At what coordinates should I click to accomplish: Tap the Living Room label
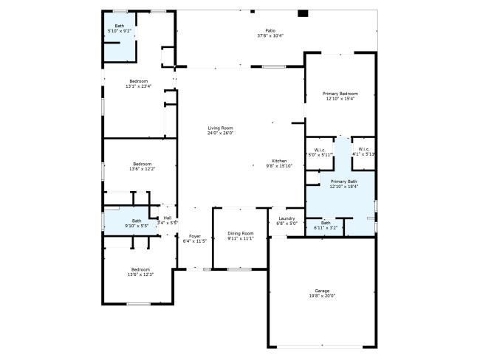pos(219,128)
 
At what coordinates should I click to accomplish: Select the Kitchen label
pos(279,161)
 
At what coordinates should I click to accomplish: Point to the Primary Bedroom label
pos(340,94)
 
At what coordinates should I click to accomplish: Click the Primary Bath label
pos(343,181)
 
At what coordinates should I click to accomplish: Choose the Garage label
pos(322,291)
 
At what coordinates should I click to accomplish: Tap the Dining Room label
pos(240,233)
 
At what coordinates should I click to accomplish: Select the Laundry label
pos(287,218)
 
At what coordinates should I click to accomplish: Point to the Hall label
pos(168,218)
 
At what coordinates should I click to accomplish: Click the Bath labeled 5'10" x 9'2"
pos(119,26)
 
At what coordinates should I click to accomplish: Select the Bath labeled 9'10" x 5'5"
pos(137,221)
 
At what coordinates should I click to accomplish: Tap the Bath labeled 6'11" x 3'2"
pos(326,223)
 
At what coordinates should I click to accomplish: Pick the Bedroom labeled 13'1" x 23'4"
pos(139,81)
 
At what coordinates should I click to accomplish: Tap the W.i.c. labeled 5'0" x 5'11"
pos(320,150)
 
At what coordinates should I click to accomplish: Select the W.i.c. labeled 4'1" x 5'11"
pos(363,150)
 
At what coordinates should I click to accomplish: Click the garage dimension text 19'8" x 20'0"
pos(322,296)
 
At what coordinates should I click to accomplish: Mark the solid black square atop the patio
pos(302,13)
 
